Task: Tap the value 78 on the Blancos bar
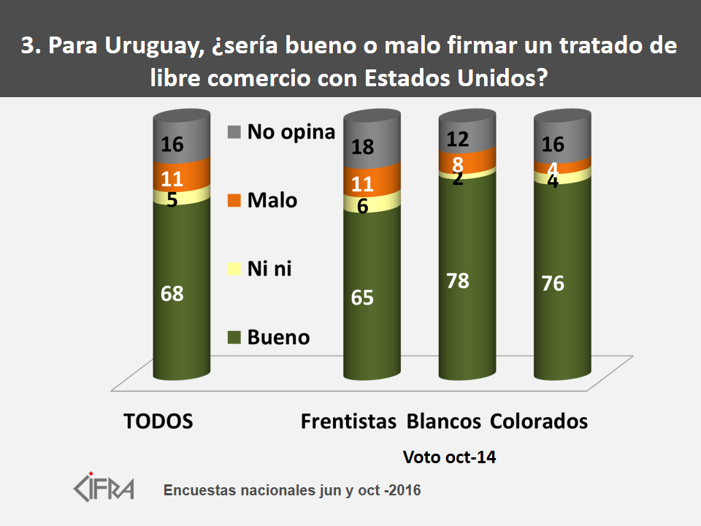(459, 281)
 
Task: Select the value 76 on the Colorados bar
(553, 283)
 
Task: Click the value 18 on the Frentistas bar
(363, 147)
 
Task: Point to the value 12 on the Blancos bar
(459, 139)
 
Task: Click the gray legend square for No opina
(234, 131)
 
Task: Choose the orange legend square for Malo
(234, 200)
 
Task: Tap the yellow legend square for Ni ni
(234, 270)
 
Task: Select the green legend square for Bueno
(234, 338)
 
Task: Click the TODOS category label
(158, 422)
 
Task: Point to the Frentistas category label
(349, 422)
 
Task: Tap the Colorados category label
(540, 422)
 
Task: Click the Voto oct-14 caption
(450, 457)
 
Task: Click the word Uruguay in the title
(146, 46)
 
